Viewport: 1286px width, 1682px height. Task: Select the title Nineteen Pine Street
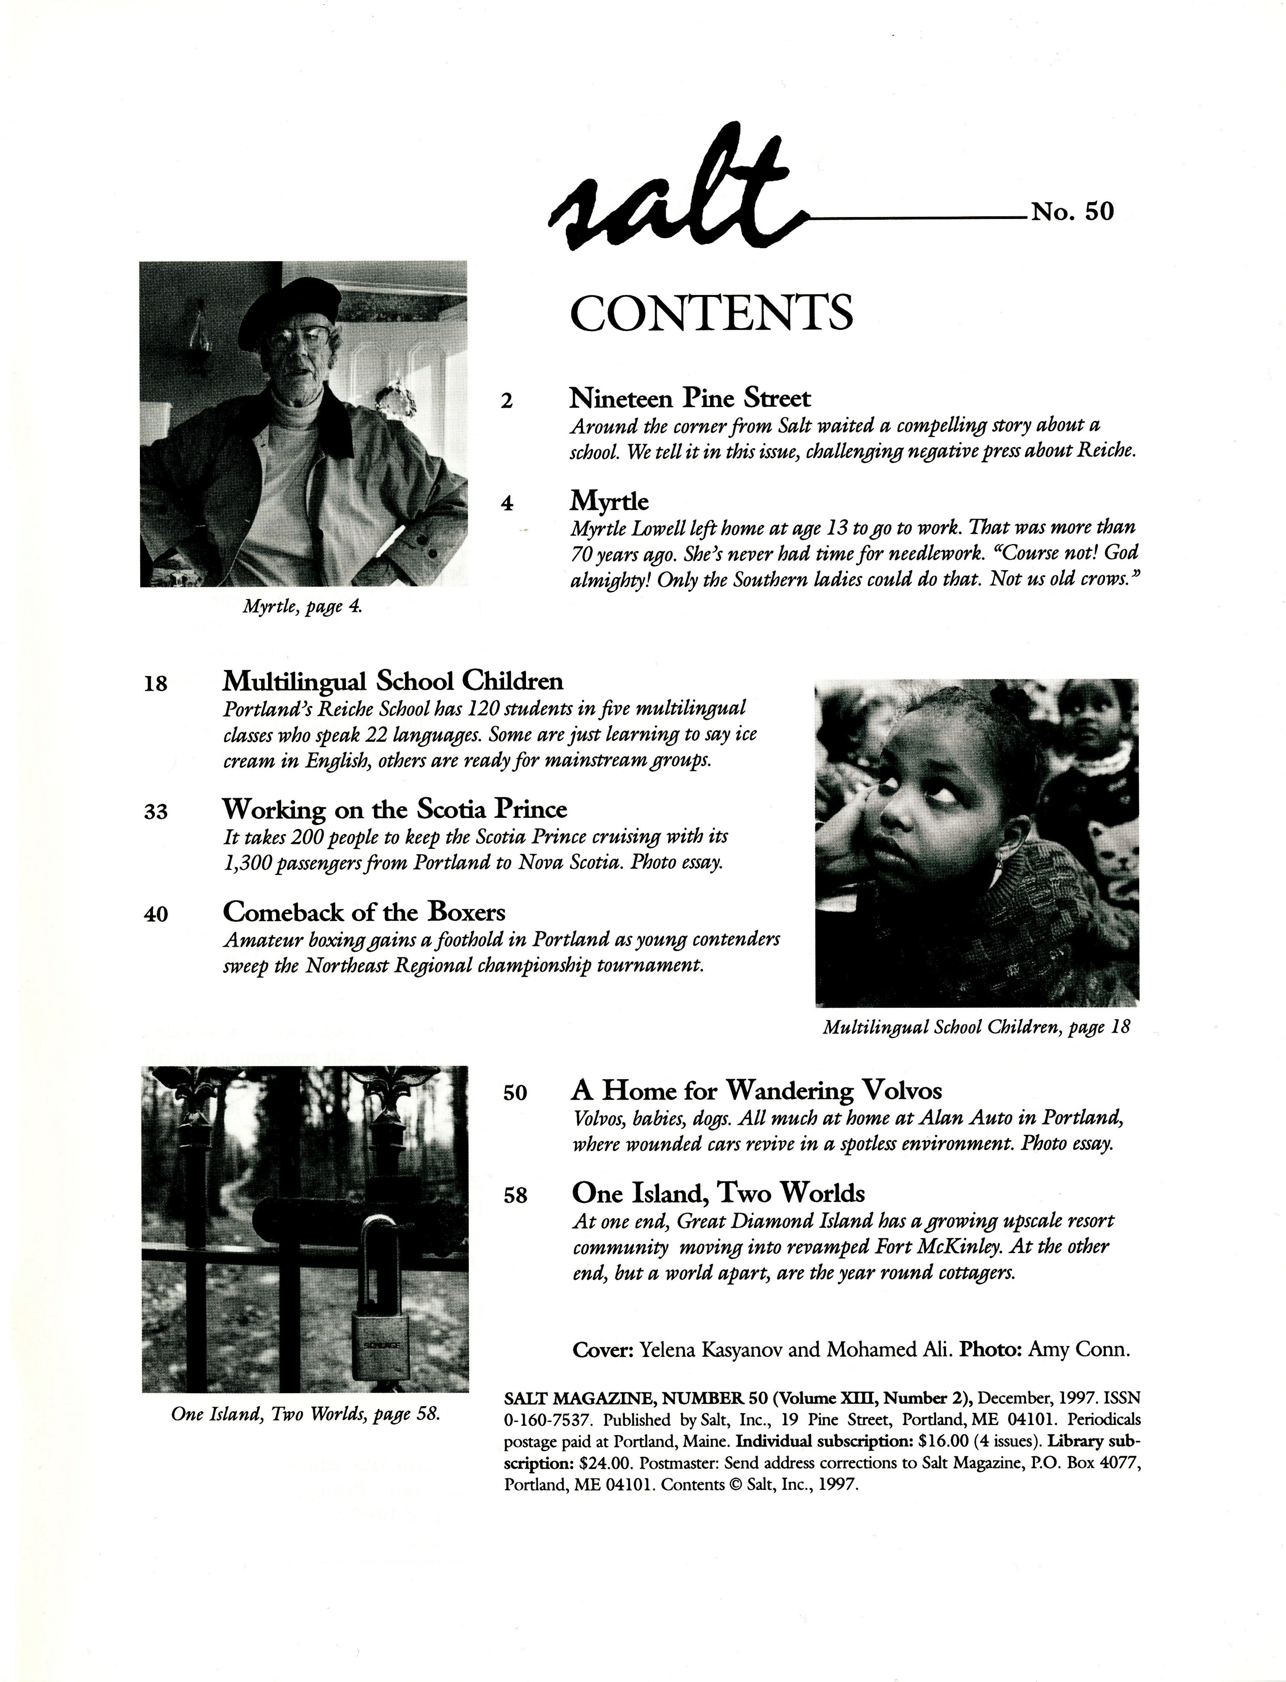[690, 398]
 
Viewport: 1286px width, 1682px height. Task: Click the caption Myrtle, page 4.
[302, 607]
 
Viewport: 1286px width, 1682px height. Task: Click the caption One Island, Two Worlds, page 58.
[305, 1414]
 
